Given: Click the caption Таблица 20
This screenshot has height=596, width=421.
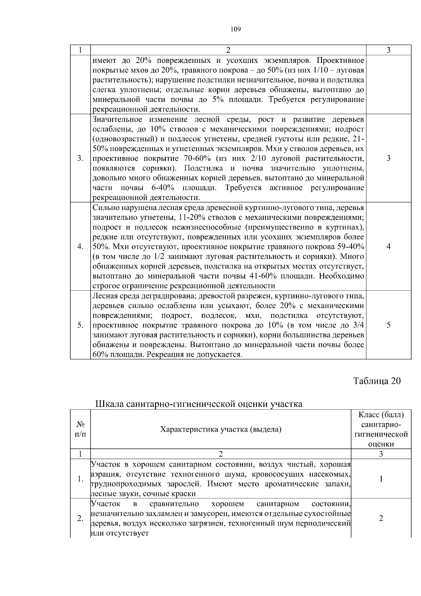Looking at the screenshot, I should [x=376, y=381].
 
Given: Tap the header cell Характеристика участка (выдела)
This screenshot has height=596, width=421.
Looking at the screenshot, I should [x=221, y=429].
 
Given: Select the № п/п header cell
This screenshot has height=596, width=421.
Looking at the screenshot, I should [x=80, y=429].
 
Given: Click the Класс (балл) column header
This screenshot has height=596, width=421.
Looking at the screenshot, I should [x=381, y=415].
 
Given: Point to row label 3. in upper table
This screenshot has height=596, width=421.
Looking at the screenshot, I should [x=80, y=158].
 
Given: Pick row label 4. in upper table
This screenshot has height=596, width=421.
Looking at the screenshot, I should [x=80, y=247].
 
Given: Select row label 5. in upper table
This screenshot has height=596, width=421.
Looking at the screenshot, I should [x=80, y=325].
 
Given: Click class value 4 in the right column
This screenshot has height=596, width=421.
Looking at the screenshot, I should [x=388, y=247].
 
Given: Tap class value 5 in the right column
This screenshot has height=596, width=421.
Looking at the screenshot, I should [x=388, y=325].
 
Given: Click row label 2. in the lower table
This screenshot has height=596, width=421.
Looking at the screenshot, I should [x=80, y=518].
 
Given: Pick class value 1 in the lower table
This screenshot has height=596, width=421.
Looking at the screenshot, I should [x=381, y=479].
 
